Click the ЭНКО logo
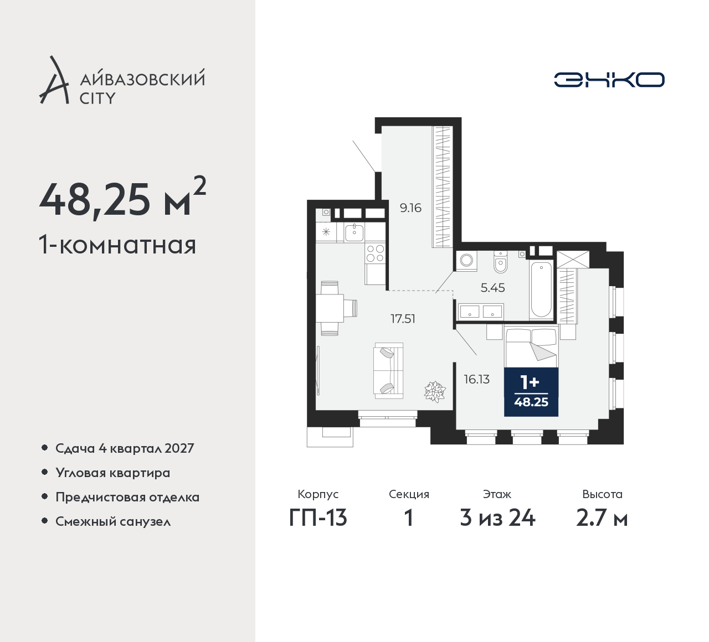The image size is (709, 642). [x=609, y=80]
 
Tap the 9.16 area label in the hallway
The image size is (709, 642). [x=410, y=208]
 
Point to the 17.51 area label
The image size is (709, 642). [x=403, y=319]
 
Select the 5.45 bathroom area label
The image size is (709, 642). [x=492, y=288]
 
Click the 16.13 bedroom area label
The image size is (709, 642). [x=476, y=379]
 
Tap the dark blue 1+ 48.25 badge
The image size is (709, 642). [x=531, y=392]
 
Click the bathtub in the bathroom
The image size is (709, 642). [x=542, y=290]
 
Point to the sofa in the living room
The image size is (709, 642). [x=388, y=371]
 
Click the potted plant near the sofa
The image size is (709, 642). [x=435, y=391]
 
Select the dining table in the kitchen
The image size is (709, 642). [x=330, y=308]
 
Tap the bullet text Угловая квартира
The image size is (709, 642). [x=113, y=473]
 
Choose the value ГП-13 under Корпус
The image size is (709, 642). [x=318, y=519]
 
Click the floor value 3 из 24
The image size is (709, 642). [x=497, y=519]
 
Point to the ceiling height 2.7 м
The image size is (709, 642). [x=602, y=519]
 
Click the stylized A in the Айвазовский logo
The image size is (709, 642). [x=54, y=80]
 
